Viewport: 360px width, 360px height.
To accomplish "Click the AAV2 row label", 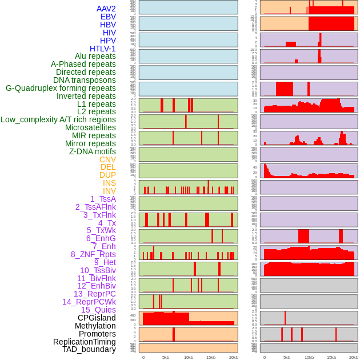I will (x=106, y=9).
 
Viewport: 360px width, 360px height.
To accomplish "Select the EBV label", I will (x=108, y=17).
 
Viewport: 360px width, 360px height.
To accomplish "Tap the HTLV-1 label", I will (x=103, y=49).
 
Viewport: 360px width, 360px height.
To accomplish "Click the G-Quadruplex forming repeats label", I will (x=61, y=88).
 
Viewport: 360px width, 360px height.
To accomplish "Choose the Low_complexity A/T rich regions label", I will (x=58, y=119).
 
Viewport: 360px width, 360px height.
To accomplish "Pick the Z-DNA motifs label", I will (x=93, y=151).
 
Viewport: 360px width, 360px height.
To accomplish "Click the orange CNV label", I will (x=107, y=159).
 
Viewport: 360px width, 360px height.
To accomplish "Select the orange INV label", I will (x=109, y=191).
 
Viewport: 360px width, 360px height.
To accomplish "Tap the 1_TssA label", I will (x=103, y=199).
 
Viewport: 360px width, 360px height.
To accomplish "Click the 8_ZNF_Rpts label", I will (x=93, y=254).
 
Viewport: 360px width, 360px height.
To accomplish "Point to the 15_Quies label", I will (x=98, y=310).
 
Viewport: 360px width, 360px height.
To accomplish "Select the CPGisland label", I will (x=97, y=318).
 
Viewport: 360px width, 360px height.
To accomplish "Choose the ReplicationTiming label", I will (x=85, y=342).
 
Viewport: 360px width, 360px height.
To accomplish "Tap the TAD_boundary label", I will (x=89, y=349).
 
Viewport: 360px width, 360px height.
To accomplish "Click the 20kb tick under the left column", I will (x=234, y=357).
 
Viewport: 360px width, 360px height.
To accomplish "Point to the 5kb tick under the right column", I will (x=287, y=357).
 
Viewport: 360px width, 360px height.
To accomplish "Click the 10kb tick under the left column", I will (x=189, y=357).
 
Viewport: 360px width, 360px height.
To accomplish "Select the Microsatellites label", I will (x=90, y=127).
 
